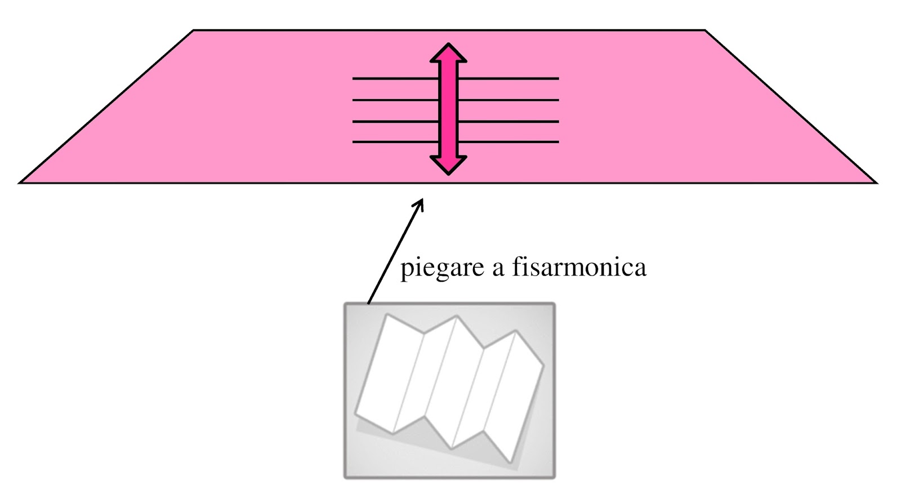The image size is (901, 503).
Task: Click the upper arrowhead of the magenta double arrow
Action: click(x=448, y=52)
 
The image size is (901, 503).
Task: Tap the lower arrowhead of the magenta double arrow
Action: click(x=448, y=164)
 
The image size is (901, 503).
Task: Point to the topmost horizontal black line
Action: click(x=394, y=78)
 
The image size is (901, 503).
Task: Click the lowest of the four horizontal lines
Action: click(x=394, y=142)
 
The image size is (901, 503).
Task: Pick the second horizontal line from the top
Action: click(x=394, y=100)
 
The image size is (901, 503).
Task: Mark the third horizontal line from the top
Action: click(x=394, y=121)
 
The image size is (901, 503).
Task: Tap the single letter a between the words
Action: click(x=497, y=269)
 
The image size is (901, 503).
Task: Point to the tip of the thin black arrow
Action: click(x=422, y=198)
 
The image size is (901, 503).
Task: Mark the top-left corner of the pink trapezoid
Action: click(x=194, y=30)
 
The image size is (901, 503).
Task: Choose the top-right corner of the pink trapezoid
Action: click(x=705, y=30)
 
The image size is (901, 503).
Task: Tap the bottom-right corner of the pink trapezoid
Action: click(x=876, y=182)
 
